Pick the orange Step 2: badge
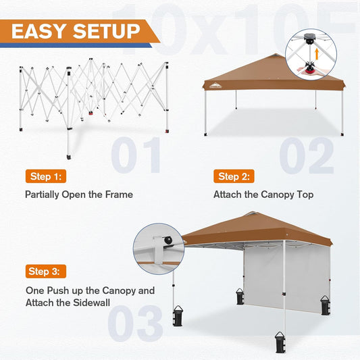pos(234,177)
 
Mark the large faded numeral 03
pos(135,322)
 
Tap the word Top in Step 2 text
pos(304,195)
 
